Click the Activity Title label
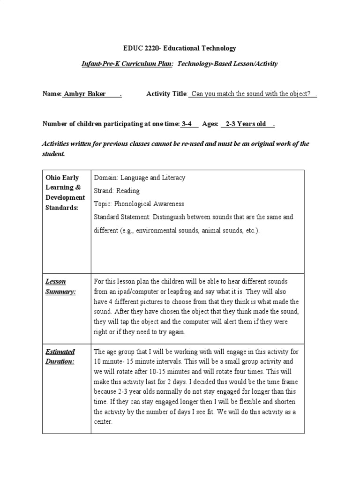tap(166, 94)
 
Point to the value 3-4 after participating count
tap(187, 124)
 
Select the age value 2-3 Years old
tap(246, 124)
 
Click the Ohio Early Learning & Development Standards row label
tap(66, 193)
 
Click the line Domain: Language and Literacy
tap(140, 178)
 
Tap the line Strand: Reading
tap(117, 191)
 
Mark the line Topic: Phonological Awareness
tap(139, 204)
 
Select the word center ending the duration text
tap(103, 422)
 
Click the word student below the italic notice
tap(53, 154)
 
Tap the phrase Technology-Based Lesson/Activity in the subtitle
tap(228, 64)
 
